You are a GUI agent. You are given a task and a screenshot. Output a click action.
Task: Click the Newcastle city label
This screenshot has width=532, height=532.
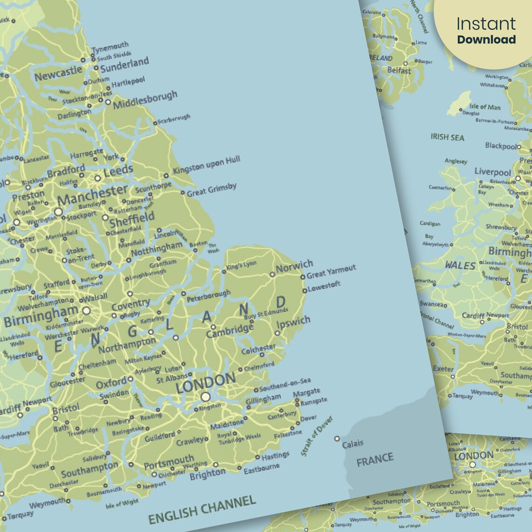coord(58,73)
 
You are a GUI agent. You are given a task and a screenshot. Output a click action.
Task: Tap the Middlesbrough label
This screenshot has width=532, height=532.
coord(145,99)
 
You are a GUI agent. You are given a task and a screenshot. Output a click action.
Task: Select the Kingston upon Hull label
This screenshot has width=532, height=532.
coord(206,165)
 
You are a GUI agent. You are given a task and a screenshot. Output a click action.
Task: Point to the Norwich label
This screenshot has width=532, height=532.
coord(294,266)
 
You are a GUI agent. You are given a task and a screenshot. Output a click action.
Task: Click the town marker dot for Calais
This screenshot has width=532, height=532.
coord(337,439)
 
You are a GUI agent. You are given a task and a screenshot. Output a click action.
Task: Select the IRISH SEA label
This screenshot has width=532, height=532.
coord(447,137)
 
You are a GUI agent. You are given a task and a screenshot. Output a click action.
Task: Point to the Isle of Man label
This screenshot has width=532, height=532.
coord(484,107)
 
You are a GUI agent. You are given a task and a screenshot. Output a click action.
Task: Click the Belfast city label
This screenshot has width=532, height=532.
coord(399,71)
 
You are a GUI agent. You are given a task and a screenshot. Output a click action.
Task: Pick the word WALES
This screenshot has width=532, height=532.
coord(460,266)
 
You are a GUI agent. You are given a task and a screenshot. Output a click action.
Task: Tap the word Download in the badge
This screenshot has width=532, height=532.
coord(486,40)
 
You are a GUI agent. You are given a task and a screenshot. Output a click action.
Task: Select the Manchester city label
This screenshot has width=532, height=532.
coord(92,195)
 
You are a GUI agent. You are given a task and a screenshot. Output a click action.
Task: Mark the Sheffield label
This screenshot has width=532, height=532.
coord(132,219)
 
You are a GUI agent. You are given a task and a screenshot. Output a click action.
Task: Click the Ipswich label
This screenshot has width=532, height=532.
coord(294,322)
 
